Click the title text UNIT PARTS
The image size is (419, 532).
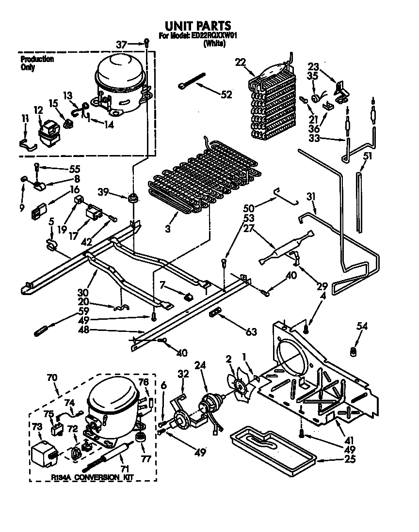[x=197, y=26]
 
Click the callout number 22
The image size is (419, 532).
[x=240, y=62]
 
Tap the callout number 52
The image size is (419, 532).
[x=226, y=95]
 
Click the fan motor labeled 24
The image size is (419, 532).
[x=209, y=403]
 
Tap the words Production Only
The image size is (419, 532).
[x=37, y=63]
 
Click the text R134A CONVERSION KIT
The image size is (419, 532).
[x=92, y=478]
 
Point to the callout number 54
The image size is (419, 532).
[x=361, y=327]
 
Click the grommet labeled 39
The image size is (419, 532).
[x=132, y=198]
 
